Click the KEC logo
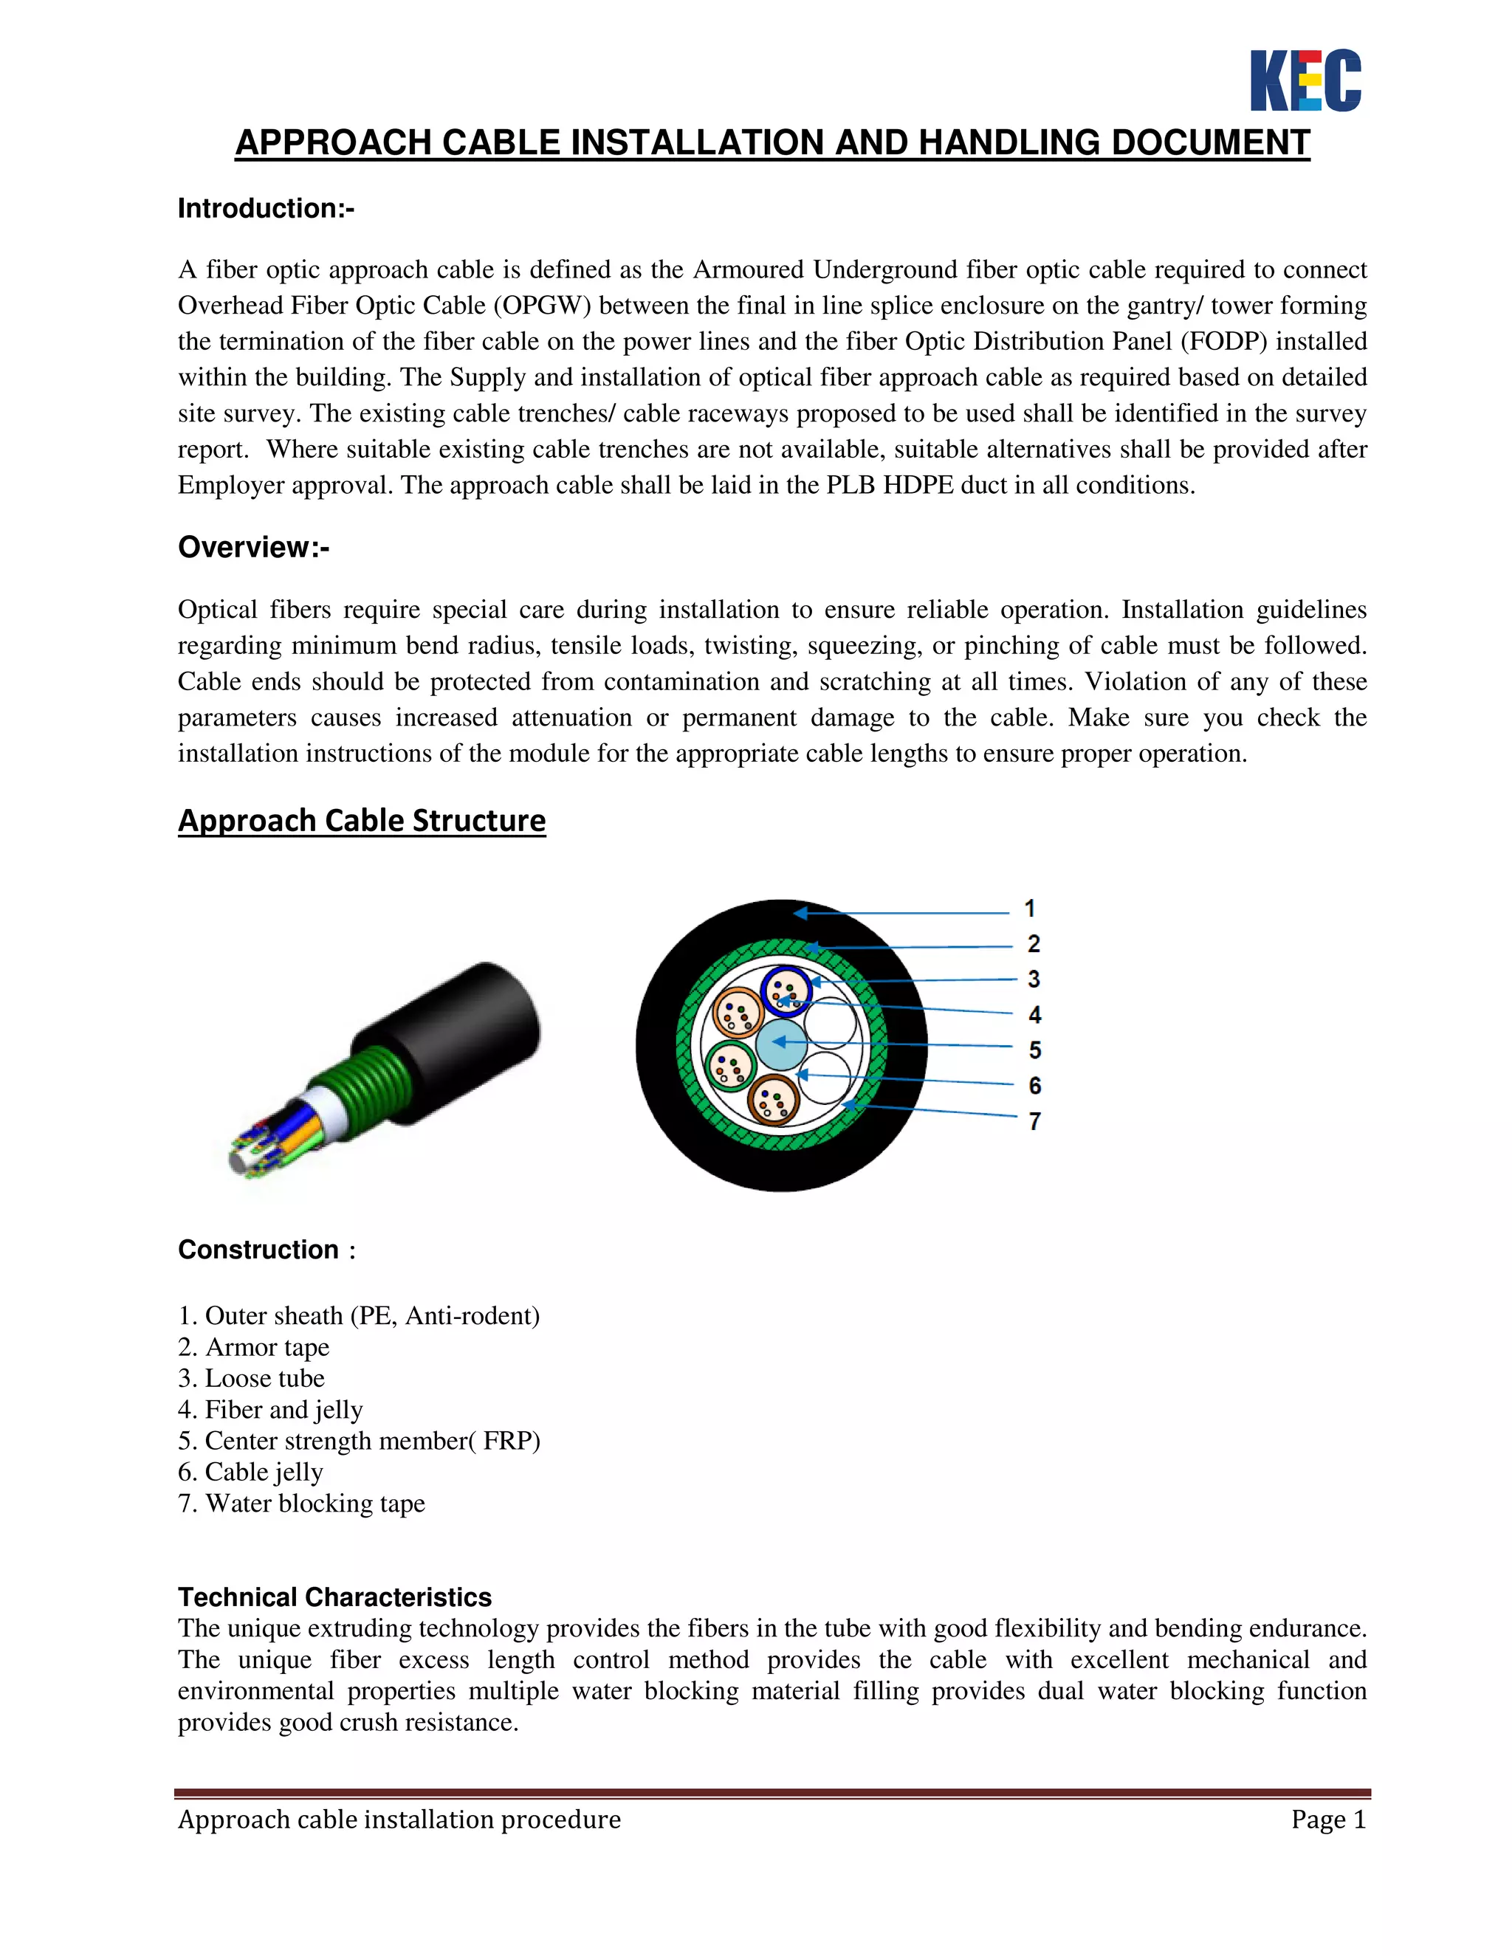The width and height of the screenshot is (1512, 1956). tap(1305, 80)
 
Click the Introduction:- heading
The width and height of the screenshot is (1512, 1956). tap(266, 209)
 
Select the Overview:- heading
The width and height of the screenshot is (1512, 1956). tap(253, 547)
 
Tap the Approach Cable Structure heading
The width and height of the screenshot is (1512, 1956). tap(362, 820)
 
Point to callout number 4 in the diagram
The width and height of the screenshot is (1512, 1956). tap(1034, 1015)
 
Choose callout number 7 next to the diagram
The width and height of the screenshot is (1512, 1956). tap(1034, 1121)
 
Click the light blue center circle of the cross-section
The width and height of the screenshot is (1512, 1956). tap(781, 1044)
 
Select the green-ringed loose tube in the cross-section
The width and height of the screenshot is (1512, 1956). tap(732, 1066)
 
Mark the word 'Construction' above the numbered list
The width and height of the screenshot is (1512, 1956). tap(259, 1250)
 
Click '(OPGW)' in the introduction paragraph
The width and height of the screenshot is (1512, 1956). tap(542, 306)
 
